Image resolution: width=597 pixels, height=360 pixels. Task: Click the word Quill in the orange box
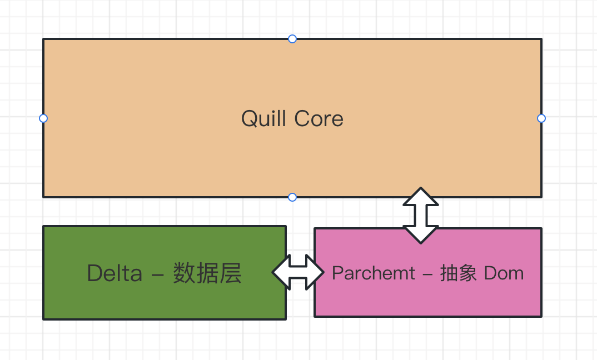(264, 119)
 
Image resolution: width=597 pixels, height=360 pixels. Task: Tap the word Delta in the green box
(115, 273)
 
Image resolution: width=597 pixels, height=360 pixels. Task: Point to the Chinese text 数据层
(207, 273)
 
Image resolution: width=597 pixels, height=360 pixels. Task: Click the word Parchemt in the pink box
(374, 273)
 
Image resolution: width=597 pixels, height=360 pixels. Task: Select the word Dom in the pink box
(504, 273)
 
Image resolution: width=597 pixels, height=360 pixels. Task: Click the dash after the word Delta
(158, 274)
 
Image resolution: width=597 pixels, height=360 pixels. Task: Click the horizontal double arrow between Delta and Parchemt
(298, 272)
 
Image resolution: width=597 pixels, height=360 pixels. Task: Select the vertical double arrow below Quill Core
(421, 216)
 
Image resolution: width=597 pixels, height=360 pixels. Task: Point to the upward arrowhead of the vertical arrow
(421, 197)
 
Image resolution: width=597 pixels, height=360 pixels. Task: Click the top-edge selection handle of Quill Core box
(292, 39)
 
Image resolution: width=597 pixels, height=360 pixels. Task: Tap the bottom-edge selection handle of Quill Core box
(292, 197)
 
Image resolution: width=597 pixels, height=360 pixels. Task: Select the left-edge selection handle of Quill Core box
(43, 118)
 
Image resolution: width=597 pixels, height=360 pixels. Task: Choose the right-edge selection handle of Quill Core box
(541, 118)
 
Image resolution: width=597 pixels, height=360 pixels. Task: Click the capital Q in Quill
(248, 119)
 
